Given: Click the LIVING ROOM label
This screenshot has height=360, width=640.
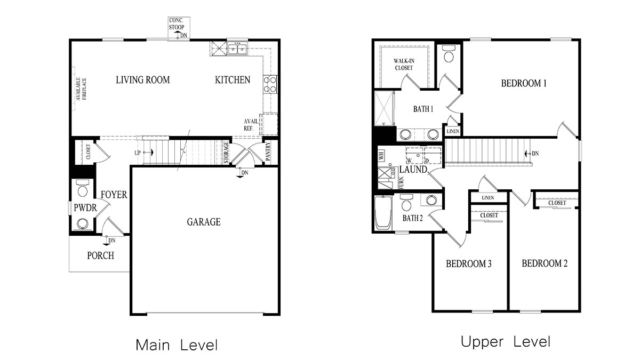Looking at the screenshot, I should click(x=142, y=80).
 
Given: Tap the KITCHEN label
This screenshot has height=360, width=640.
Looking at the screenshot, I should click(x=232, y=80).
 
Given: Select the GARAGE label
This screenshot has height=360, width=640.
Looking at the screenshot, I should click(x=203, y=222).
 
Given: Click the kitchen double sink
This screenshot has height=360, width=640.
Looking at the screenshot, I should click(x=236, y=50).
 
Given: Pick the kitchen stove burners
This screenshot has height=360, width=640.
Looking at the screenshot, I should click(x=270, y=84).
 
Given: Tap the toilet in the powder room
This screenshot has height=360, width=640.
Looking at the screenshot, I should click(x=83, y=190).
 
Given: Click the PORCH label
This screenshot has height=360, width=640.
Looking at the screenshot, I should click(x=100, y=255).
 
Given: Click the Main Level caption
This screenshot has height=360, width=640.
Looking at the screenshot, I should click(x=177, y=345).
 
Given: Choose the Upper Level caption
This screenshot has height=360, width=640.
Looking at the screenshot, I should click(x=505, y=342).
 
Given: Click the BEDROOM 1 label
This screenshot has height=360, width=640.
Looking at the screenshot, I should click(x=524, y=83).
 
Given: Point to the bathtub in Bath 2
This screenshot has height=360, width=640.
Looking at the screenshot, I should click(x=383, y=213).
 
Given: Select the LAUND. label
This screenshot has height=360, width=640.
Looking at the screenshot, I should click(x=414, y=170).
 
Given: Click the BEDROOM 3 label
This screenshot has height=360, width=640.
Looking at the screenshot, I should click(x=468, y=263).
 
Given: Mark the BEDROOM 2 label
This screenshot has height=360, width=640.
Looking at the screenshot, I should click(x=544, y=263).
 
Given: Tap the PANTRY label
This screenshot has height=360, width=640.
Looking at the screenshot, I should click(x=268, y=151).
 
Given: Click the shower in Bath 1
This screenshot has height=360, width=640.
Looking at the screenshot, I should click(x=383, y=109).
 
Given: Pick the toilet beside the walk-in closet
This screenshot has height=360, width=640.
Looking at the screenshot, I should click(x=449, y=55).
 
